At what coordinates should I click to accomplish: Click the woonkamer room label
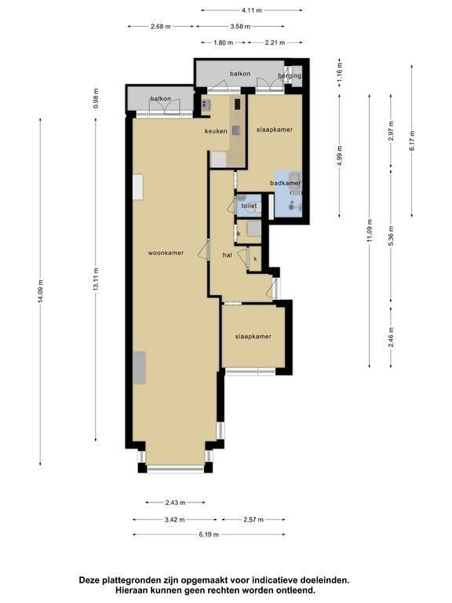[x=166, y=253]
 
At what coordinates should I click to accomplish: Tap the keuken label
[x=216, y=131]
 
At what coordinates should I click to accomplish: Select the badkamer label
[x=285, y=183]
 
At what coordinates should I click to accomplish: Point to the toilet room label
[x=249, y=206]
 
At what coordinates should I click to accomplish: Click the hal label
[x=227, y=255]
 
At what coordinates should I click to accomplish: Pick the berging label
[x=290, y=75]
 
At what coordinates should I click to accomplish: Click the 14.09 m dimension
[x=40, y=291]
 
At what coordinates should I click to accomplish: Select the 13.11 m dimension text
[x=96, y=279]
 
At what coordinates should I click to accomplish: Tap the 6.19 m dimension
[x=209, y=535]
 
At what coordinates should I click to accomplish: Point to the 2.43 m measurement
[x=175, y=502]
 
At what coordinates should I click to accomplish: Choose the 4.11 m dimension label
[x=251, y=10]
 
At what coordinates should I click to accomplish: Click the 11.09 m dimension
[x=370, y=231]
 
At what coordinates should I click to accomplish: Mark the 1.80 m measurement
[x=224, y=42]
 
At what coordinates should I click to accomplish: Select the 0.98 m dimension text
[x=96, y=98]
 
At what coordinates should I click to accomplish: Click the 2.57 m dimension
[x=253, y=520]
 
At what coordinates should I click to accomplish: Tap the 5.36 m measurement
[x=391, y=236]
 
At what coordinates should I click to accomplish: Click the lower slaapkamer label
[x=253, y=337]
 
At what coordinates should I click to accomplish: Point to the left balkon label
[x=160, y=99]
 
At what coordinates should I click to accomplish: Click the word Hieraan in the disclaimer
[x=129, y=590]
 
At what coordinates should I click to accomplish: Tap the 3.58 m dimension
[x=240, y=27]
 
